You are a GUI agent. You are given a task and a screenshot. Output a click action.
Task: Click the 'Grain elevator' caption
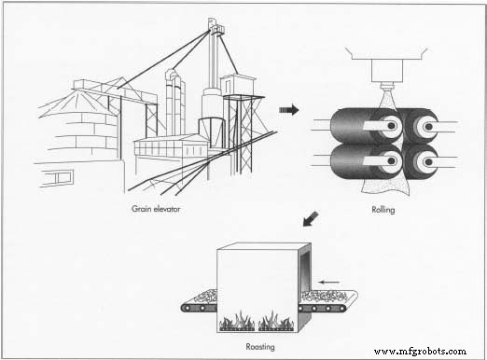click(156, 209)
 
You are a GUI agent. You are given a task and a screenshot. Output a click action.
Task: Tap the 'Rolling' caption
click(383, 210)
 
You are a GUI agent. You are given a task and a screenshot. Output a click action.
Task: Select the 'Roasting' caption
click(260, 346)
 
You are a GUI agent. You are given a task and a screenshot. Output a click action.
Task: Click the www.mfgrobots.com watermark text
click(420, 352)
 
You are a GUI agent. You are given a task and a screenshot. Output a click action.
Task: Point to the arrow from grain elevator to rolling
click(289, 110)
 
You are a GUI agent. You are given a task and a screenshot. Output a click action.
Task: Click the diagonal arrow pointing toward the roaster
click(311, 219)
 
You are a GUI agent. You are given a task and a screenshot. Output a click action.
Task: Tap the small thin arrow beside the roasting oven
click(329, 283)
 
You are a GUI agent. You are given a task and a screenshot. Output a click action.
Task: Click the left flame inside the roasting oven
click(237, 321)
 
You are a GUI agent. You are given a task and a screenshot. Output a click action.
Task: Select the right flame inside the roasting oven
click(275, 321)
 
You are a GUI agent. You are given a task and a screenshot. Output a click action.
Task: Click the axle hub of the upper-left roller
click(392, 126)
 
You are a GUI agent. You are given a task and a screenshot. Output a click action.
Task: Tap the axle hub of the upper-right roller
click(429, 127)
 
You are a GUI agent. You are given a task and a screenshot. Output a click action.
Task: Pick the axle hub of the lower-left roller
click(392, 161)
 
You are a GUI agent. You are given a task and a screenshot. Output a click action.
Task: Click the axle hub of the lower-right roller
click(429, 161)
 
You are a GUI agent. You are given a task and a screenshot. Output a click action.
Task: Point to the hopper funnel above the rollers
click(386, 67)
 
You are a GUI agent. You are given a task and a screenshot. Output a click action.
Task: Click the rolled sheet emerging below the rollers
click(385, 186)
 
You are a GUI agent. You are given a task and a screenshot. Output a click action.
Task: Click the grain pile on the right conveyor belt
click(326, 297)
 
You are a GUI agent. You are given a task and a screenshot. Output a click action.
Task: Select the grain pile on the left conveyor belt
click(205, 297)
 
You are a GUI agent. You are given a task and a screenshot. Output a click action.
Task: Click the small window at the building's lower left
click(58, 178)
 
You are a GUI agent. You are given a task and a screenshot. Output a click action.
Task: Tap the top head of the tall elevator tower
click(216, 26)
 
